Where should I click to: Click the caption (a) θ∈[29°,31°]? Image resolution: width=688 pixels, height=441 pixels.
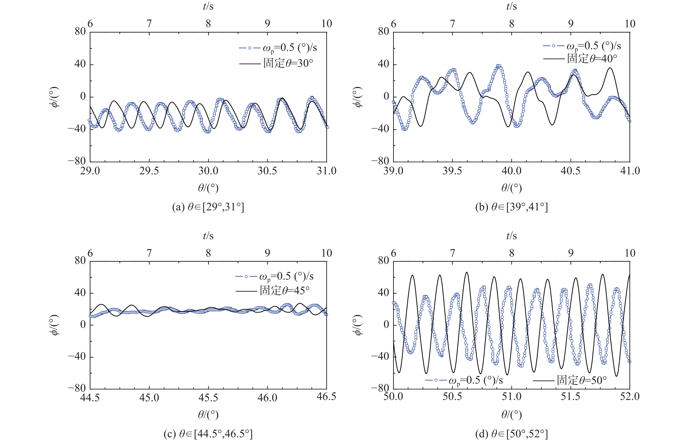(208, 207)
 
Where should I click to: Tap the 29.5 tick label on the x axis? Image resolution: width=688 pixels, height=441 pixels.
(149, 171)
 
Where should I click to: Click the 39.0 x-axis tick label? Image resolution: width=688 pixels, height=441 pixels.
(393, 171)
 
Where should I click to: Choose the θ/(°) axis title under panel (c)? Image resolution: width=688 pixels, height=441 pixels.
(208, 414)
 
